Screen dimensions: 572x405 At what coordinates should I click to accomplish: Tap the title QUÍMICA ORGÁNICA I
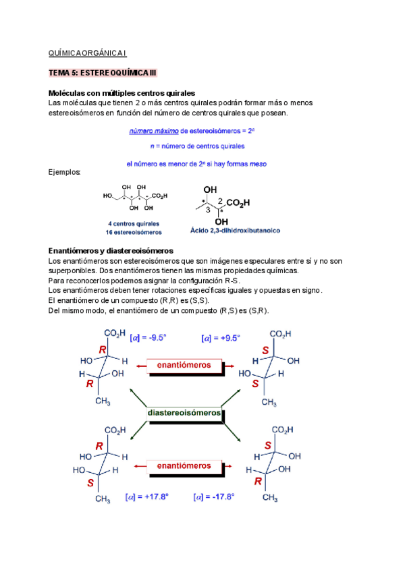click(x=88, y=52)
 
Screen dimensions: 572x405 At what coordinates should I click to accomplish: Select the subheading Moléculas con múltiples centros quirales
click(x=122, y=92)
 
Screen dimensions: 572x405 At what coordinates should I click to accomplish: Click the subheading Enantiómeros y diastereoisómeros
click(x=111, y=250)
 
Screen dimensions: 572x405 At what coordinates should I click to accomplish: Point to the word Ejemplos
click(x=65, y=173)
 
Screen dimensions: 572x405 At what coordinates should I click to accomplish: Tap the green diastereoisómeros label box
click(x=184, y=412)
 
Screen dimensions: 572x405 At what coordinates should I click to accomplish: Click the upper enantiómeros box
click(x=184, y=365)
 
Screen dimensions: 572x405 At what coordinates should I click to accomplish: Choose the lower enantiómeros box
click(x=184, y=465)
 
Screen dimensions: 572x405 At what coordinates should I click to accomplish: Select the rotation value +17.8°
click(x=147, y=497)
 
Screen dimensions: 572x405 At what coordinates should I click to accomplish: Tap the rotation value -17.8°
click(x=214, y=497)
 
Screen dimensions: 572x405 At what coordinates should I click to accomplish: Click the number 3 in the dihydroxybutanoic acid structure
click(x=208, y=210)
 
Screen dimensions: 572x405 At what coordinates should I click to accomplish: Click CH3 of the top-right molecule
click(x=269, y=403)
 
